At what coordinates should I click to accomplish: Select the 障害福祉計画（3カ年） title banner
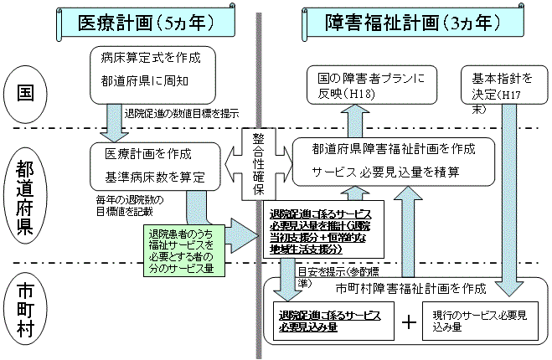pos(408,22)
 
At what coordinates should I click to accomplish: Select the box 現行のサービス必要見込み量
pos(480,321)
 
